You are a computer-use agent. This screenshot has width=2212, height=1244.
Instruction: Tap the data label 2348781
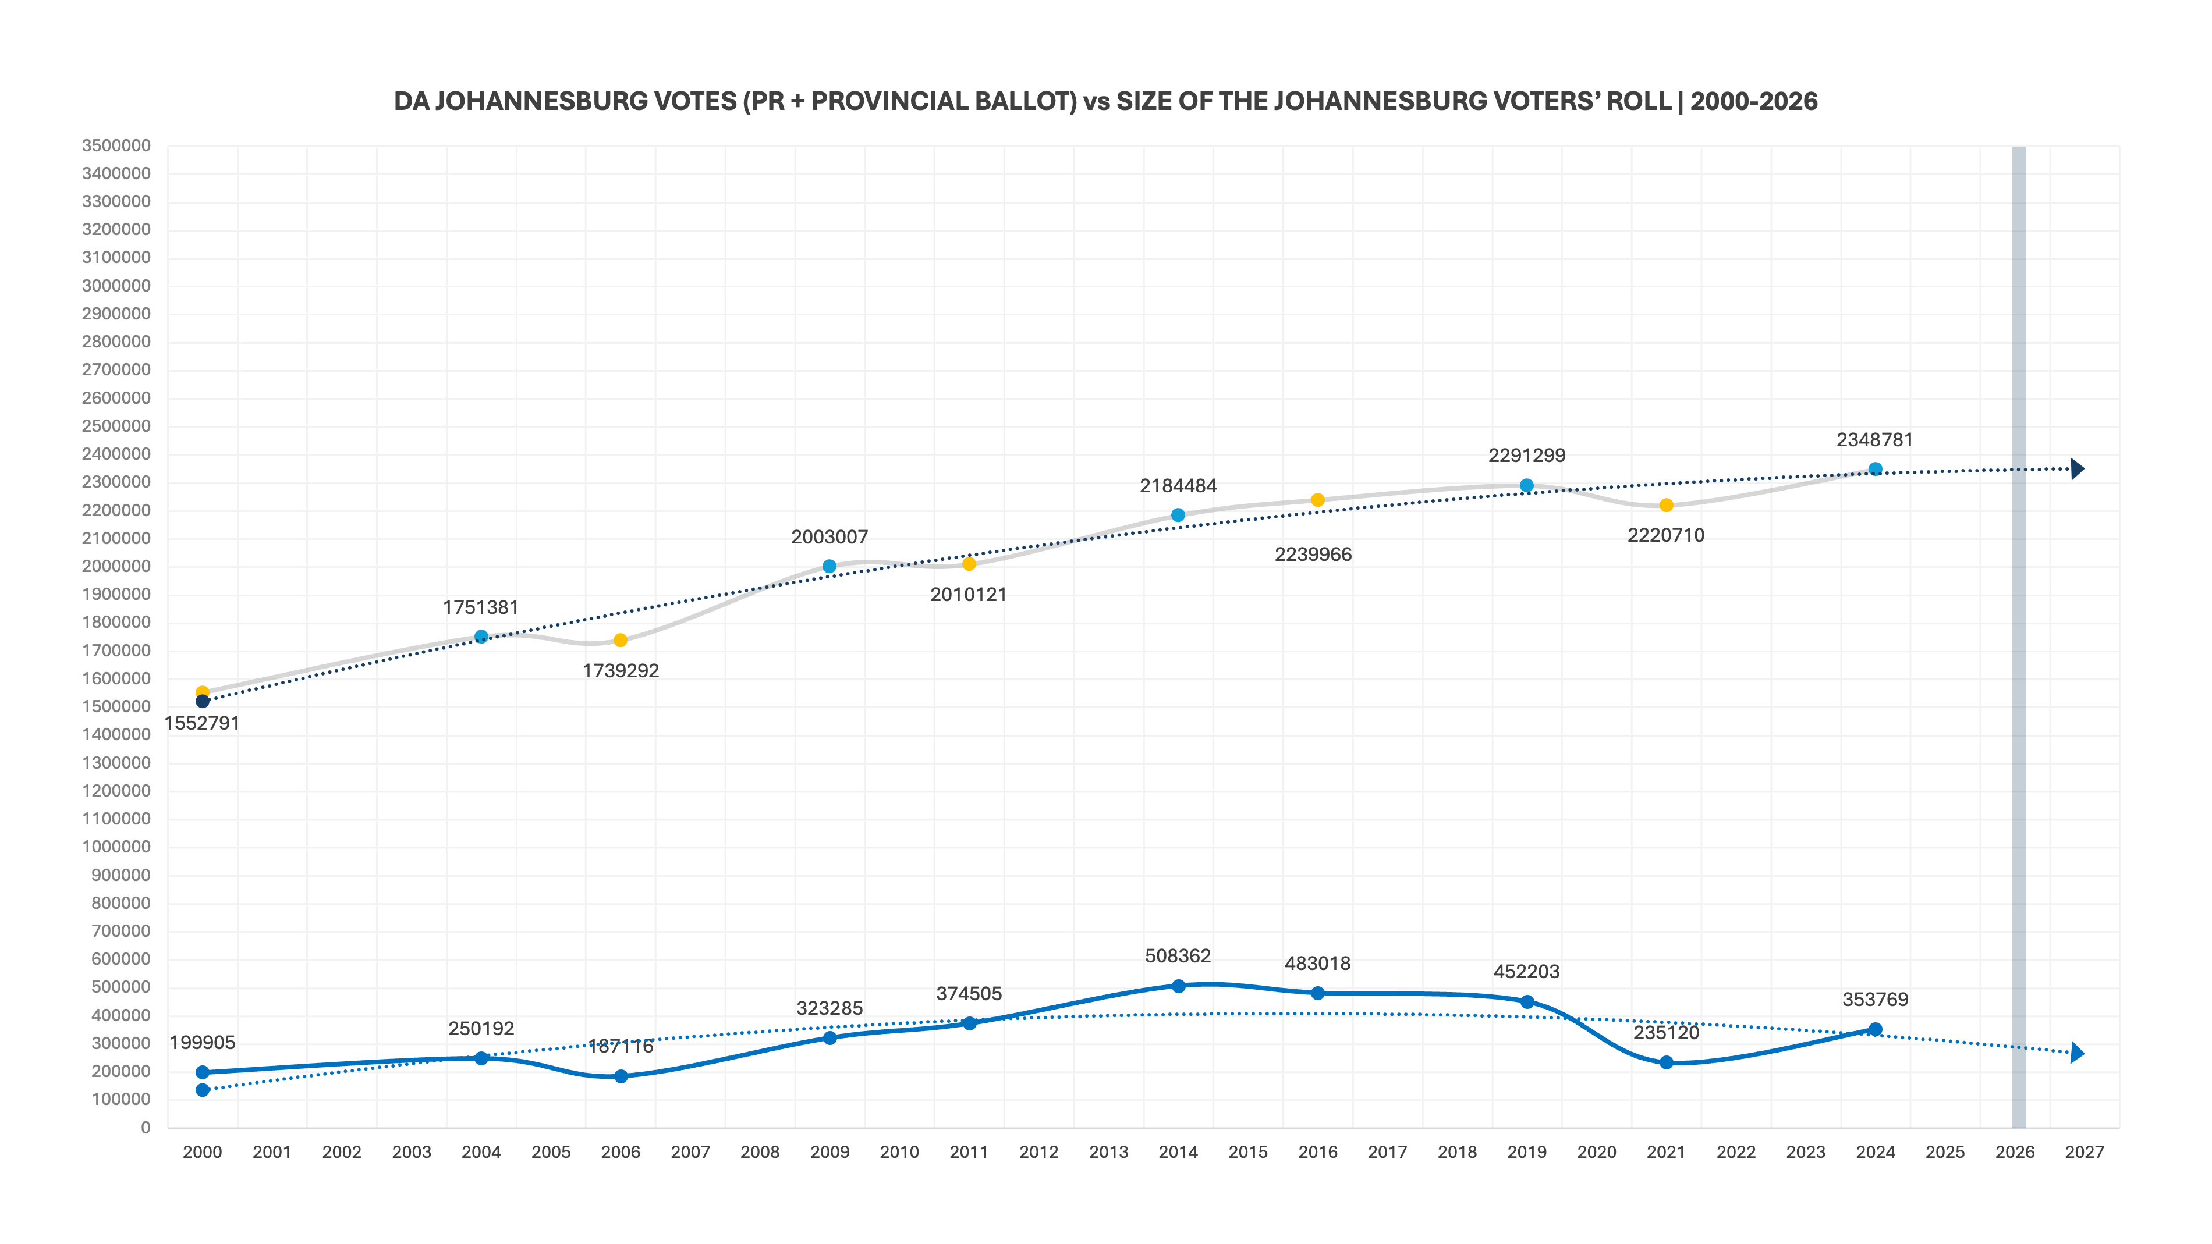pos(1874,439)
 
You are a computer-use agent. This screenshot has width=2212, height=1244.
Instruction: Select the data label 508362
pos(1177,955)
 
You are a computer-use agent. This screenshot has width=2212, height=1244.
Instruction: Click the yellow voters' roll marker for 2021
pos(1666,506)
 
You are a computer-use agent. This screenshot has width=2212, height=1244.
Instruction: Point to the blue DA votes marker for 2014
pos(1178,986)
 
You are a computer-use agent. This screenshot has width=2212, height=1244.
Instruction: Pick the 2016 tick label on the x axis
pos(1317,1152)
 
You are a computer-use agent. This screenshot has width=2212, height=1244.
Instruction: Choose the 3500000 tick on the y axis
pos(116,146)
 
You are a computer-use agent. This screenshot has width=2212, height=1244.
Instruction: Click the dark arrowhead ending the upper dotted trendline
pos(2076,469)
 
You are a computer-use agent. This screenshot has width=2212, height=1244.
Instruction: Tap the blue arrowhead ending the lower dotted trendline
pos(2076,1053)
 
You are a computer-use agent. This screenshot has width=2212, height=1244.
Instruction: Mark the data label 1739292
pos(621,670)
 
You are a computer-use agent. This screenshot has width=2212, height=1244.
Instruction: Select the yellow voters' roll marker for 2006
pos(621,641)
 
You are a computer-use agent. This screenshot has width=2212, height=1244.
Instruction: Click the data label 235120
pos(1666,1033)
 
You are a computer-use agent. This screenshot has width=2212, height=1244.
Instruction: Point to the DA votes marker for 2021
pos(1666,1063)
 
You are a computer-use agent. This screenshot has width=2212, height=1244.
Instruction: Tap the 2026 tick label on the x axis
pos(2015,1152)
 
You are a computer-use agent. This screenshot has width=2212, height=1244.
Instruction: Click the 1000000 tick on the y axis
pos(116,847)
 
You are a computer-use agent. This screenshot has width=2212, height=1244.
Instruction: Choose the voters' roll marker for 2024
pos(1876,470)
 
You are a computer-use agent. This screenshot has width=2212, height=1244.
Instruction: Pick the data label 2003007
pos(830,536)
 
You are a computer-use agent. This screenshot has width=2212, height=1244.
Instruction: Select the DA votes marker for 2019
pos(1527,1002)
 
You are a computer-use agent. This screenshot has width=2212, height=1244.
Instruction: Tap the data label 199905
pos(202,1042)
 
